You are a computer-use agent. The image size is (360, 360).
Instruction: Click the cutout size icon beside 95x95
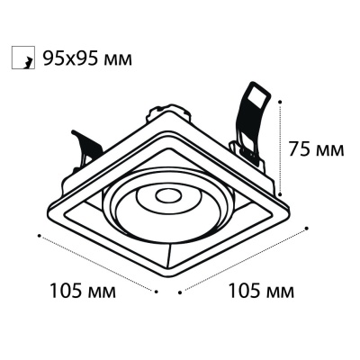click(23, 58)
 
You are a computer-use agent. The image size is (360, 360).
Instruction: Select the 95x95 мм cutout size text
click(87, 58)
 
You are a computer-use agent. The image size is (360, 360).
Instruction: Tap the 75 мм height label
click(316, 149)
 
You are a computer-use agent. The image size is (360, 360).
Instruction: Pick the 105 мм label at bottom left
click(83, 291)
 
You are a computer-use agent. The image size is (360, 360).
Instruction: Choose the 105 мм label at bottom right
click(261, 291)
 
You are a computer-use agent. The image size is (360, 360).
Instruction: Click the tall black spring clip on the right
click(251, 120)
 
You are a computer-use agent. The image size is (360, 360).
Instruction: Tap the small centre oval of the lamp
click(168, 196)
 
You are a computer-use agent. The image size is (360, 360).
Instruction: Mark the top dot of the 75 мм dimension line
click(280, 102)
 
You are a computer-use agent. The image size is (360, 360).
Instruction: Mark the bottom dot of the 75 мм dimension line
click(280, 194)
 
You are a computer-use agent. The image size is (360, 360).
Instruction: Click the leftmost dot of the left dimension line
click(39, 236)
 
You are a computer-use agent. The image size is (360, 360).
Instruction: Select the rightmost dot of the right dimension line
click(306, 229)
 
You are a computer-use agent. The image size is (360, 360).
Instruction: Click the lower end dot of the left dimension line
click(156, 291)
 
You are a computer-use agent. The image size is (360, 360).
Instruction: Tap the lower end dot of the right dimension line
click(180, 292)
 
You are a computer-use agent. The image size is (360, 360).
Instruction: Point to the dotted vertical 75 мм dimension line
click(280, 148)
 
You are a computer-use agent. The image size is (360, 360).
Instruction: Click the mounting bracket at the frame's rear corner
click(168, 112)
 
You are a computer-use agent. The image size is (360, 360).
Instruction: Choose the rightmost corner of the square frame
click(289, 208)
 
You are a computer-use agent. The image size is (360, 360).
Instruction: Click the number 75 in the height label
click(299, 149)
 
